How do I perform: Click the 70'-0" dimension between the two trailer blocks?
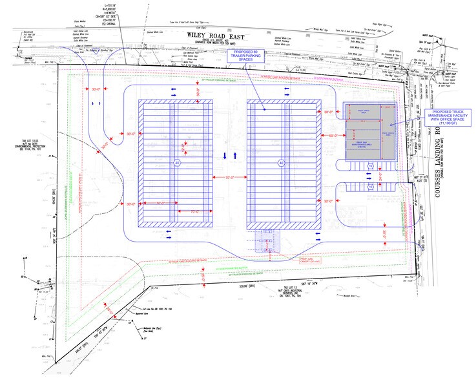pyautogui.click(x=229, y=177)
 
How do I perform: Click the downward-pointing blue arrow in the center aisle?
pyautogui.click(x=243, y=156)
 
